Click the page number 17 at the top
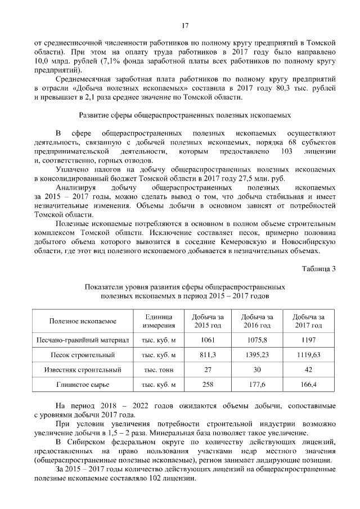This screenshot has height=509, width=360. click(184, 25)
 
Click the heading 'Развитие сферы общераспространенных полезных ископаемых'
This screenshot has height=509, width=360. click(184, 115)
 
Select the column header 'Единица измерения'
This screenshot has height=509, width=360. click(159, 321)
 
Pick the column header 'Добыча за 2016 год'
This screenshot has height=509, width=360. click(258, 321)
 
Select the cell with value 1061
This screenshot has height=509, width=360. click(208, 341)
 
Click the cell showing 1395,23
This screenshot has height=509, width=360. click(258, 355)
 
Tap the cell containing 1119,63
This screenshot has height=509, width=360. click(308, 355)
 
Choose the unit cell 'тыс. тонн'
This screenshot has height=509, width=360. click(159, 370)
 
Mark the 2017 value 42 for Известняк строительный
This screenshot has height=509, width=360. click(308, 370)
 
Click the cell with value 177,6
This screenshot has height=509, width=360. click(258, 385)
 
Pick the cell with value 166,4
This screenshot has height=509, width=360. click(308, 385)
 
